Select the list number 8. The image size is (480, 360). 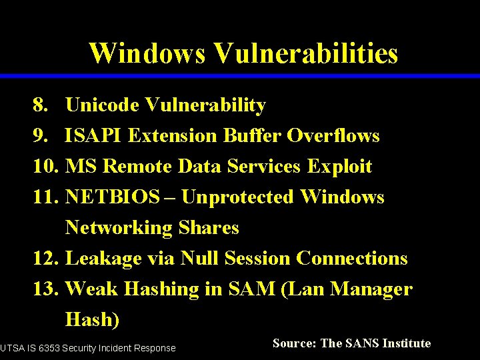tap(40, 105)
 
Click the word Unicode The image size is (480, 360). tap(103, 105)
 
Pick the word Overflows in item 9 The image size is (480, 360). tap(333, 136)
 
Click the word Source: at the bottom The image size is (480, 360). tap(294, 344)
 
